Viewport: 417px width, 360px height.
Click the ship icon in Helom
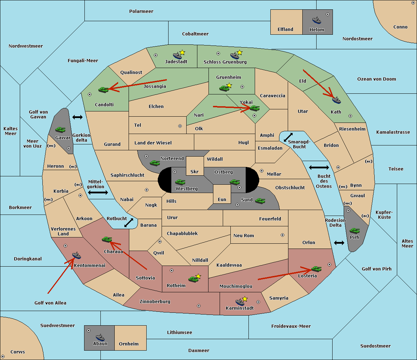tap(317, 20)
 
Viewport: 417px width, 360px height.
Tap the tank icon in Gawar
tap(60, 129)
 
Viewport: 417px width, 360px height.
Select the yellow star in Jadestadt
tap(182, 52)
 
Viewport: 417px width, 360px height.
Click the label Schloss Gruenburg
tap(225, 62)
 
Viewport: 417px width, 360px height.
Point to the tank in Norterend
tap(155, 163)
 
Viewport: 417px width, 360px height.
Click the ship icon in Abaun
tap(100, 337)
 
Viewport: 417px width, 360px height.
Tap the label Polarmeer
tap(141, 11)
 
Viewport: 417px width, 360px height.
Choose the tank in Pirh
tap(354, 231)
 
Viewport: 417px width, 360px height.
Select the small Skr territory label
tap(194, 171)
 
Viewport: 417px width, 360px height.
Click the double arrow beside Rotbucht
tap(129, 223)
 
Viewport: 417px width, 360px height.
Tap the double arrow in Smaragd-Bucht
tap(288, 137)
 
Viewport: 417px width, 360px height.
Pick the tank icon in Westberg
tap(180, 182)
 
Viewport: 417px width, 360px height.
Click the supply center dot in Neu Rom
tap(283, 235)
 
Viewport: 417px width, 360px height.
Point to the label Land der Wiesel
tap(153, 143)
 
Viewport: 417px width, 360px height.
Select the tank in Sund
tap(260, 201)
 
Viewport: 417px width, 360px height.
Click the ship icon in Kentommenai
tap(76, 255)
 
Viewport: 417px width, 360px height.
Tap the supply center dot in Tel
tap(180, 126)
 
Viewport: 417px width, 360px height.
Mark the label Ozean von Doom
tap(376, 79)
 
